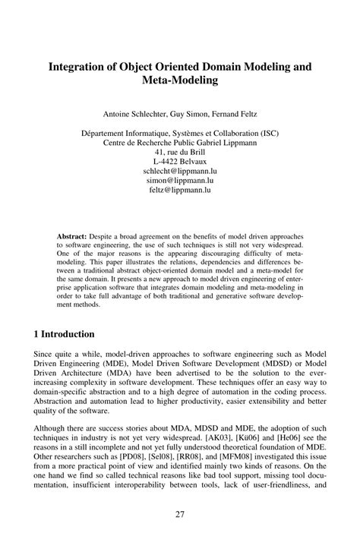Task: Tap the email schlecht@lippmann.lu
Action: pos(181,172)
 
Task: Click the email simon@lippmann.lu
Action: pos(181,181)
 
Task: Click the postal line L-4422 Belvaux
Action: pos(181,162)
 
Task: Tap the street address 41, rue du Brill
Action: pos(181,152)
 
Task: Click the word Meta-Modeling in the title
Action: pos(180,79)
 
